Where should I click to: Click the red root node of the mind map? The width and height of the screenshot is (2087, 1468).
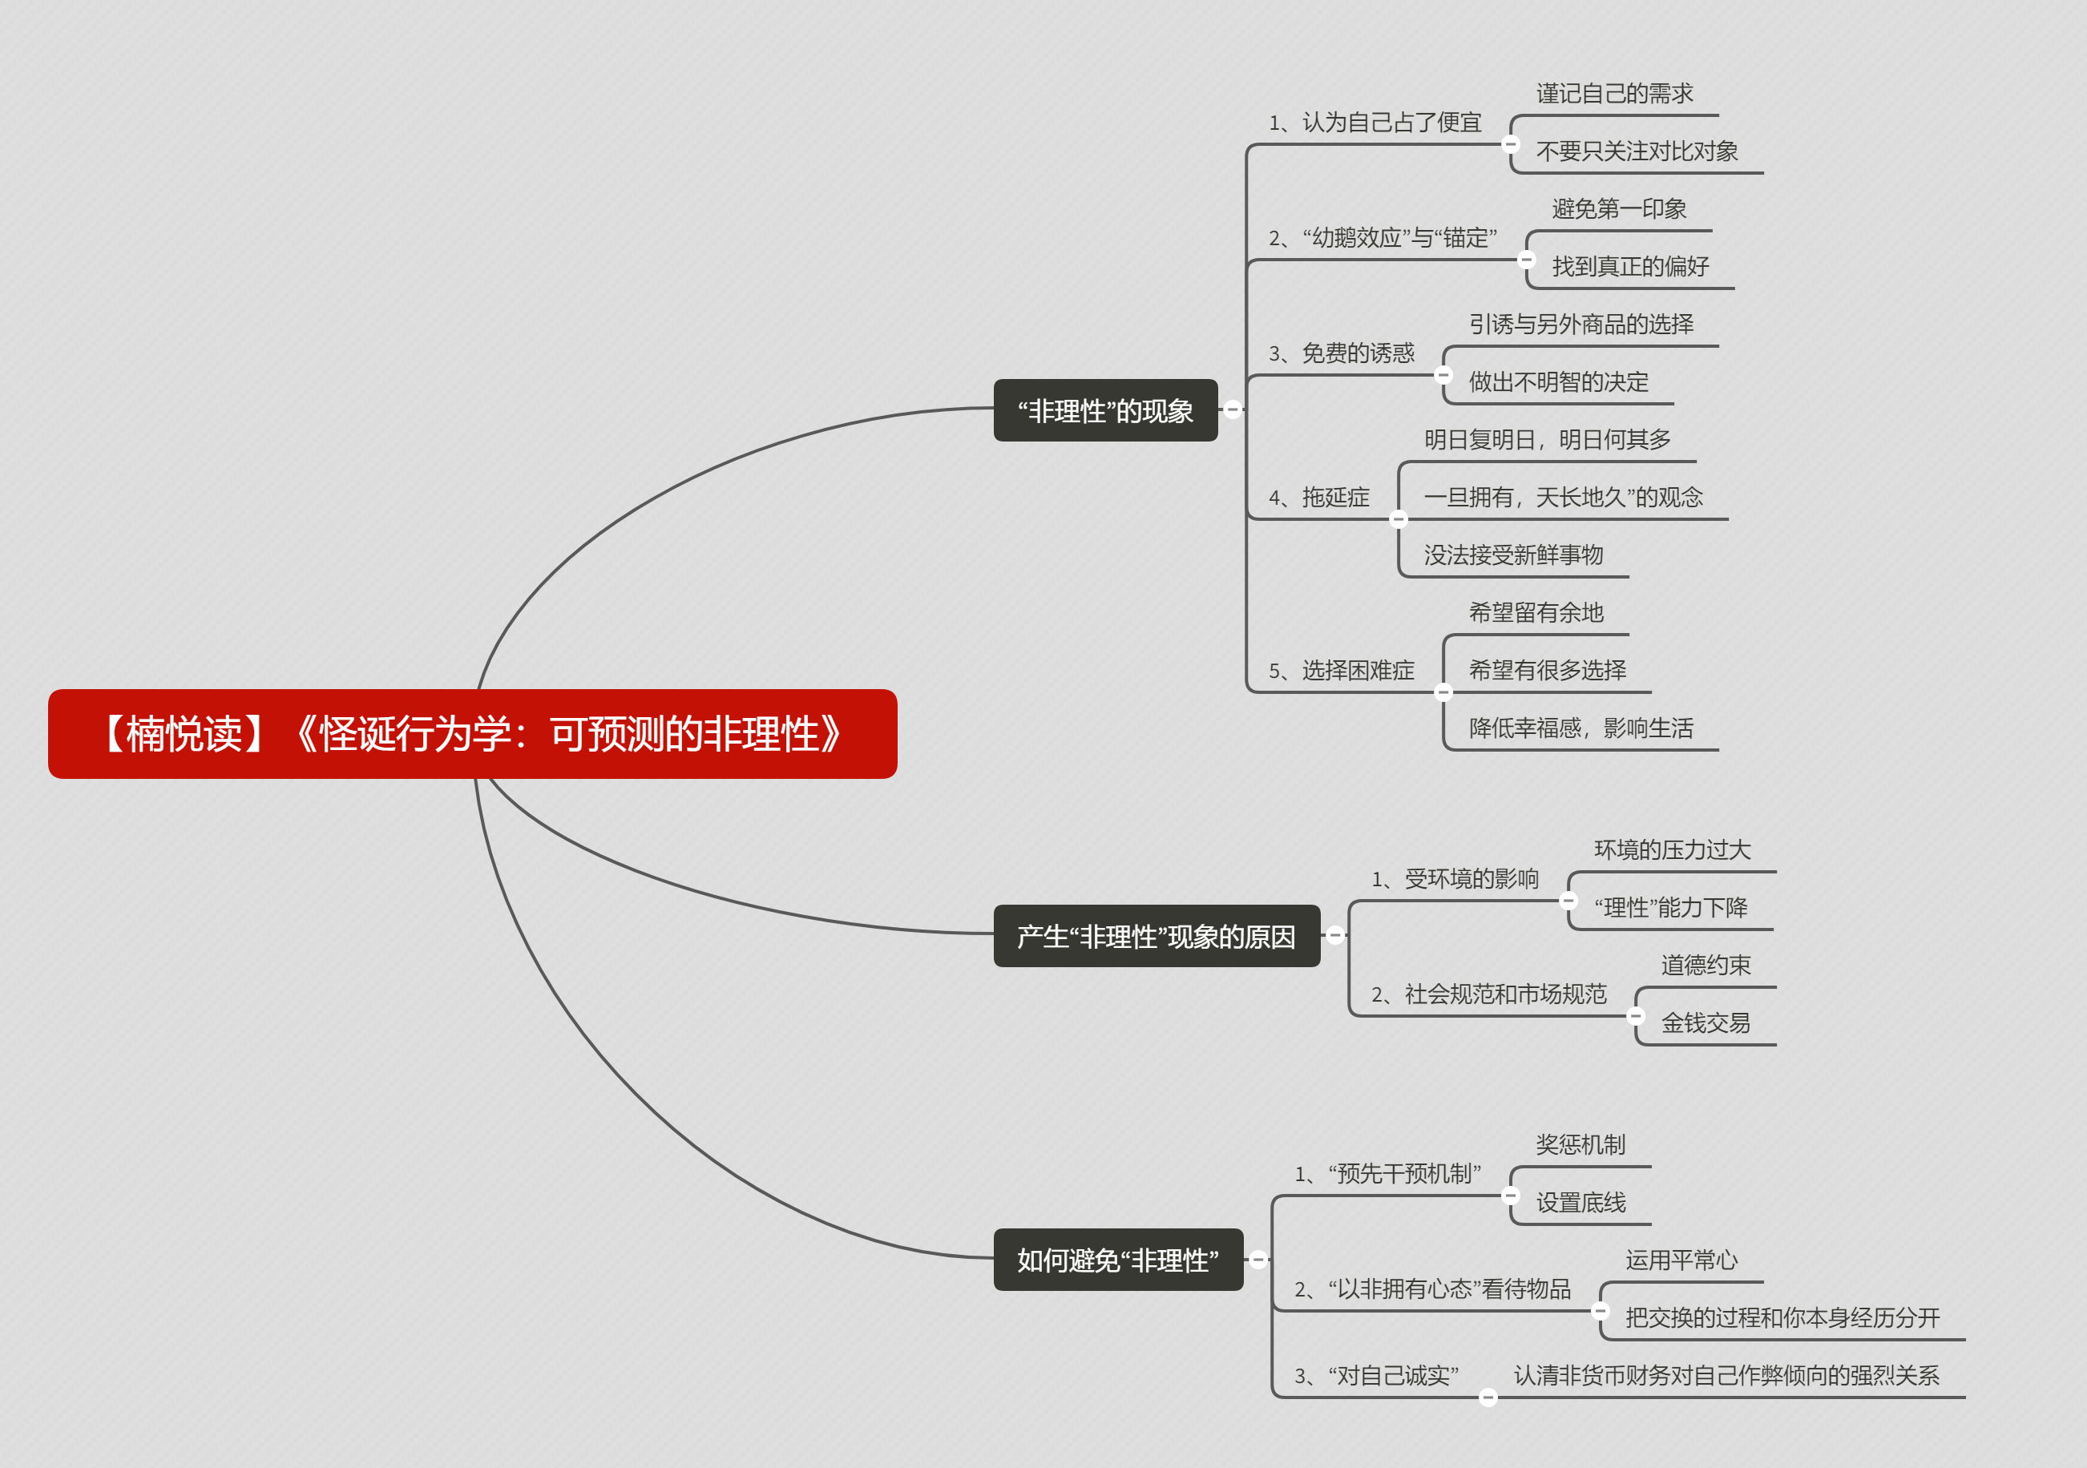click(473, 733)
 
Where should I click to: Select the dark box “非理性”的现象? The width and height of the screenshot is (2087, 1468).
click(1105, 410)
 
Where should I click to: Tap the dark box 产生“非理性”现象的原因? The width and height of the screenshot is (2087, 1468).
click(1157, 935)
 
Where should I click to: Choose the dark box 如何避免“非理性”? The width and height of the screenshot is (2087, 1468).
click(1118, 1260)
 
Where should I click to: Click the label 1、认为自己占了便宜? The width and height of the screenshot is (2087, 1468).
click(1375, 123)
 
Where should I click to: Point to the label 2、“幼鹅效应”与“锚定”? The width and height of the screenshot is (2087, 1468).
click(1383, 238)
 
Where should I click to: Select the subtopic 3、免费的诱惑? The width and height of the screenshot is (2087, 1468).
click(1342, 353)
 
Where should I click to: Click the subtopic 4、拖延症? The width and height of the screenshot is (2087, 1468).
click(1319, 497)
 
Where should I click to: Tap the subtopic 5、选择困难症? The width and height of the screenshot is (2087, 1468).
click(1342, 671)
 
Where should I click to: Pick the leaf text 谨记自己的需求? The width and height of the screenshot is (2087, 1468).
click(1614, 94)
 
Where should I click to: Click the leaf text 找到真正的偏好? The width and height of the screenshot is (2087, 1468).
click(1630, 266)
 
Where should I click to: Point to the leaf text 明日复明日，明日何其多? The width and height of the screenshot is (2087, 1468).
click(1547, 440)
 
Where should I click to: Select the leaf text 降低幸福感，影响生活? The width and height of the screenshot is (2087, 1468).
click(1580, 728)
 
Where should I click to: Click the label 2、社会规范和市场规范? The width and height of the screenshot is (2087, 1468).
click(1489, 994)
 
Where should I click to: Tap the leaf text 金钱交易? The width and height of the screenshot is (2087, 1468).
click(1706, 1023)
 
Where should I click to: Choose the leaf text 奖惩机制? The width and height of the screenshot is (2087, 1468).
click(1580, 1144)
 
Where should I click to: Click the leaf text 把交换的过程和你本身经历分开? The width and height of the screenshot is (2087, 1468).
click(1782, 1318)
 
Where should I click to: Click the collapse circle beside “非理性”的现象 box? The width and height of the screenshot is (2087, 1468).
click(1233, 410)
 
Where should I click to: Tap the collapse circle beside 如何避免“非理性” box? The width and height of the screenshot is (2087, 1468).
click(1258, 1260)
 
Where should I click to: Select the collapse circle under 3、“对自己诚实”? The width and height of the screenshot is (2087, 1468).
click(1488, 1397)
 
